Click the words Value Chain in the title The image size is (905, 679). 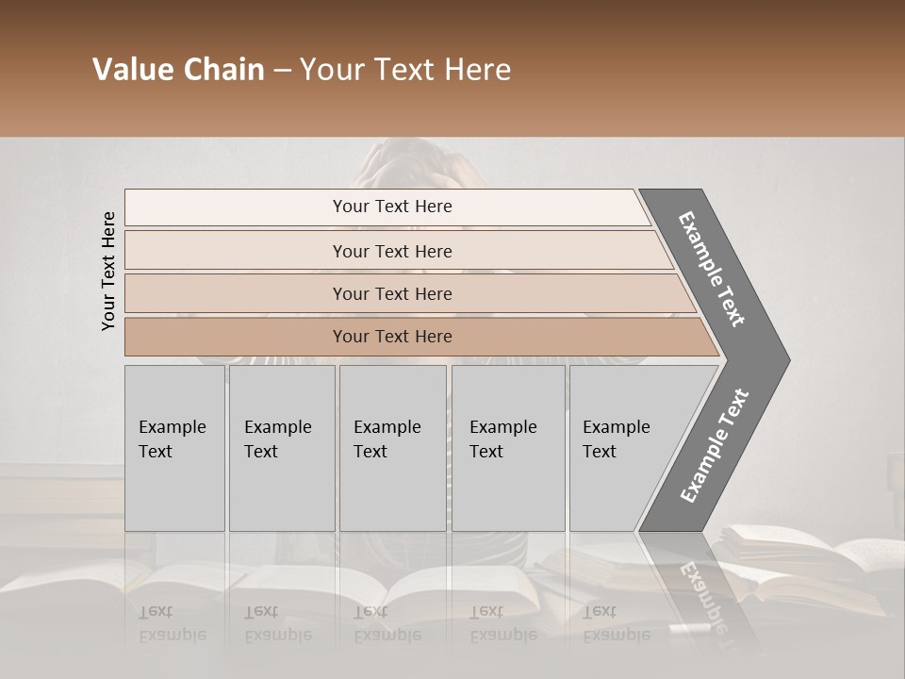tap(178, 70)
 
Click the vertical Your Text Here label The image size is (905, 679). tap(108, 271)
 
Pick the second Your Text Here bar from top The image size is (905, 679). tap(392, 251)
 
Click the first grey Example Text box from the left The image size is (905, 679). tap(174, 448)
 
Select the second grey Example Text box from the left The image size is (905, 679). tap(282, 448)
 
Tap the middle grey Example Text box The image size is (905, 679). tap(392, 448)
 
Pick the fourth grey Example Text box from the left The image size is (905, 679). tap(508, 448)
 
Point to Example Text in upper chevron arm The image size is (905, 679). tap(712, 269)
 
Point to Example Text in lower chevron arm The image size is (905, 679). tap(714, 446)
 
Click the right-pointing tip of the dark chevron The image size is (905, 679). tap(784, 359)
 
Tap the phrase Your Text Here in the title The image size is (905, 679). tap(405, 70)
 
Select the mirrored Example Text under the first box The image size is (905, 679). tap(172, 623)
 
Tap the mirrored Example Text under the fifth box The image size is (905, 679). tap(617, 623)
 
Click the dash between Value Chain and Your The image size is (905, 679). tap(282, 71)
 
